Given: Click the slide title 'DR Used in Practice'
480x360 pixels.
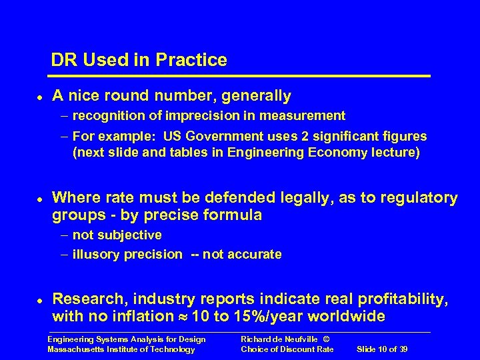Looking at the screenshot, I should [x=139, y=60].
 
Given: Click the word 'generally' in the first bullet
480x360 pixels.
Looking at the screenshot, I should [x=257, y=97].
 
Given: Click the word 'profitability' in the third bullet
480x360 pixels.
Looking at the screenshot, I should [x=403, y=297].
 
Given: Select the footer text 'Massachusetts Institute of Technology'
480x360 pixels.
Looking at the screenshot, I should [x=121, y=349].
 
